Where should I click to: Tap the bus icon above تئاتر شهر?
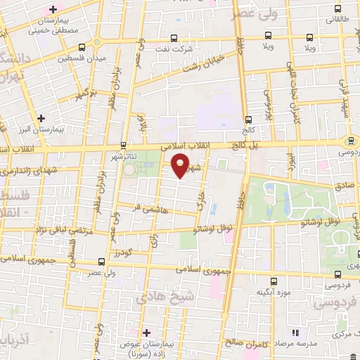click(x=124, y=146)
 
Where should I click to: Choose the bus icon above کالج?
click(x=247, y=119)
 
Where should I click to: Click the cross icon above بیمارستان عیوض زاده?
click(x=146, y=332)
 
